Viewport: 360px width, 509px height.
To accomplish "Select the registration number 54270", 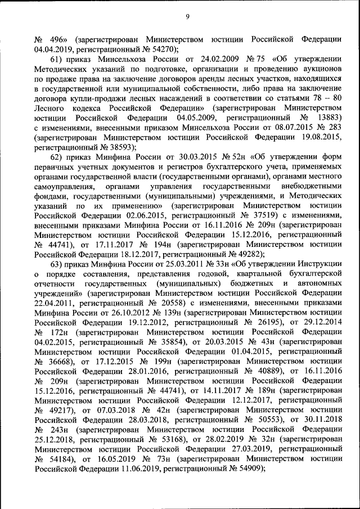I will (162, 49).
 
